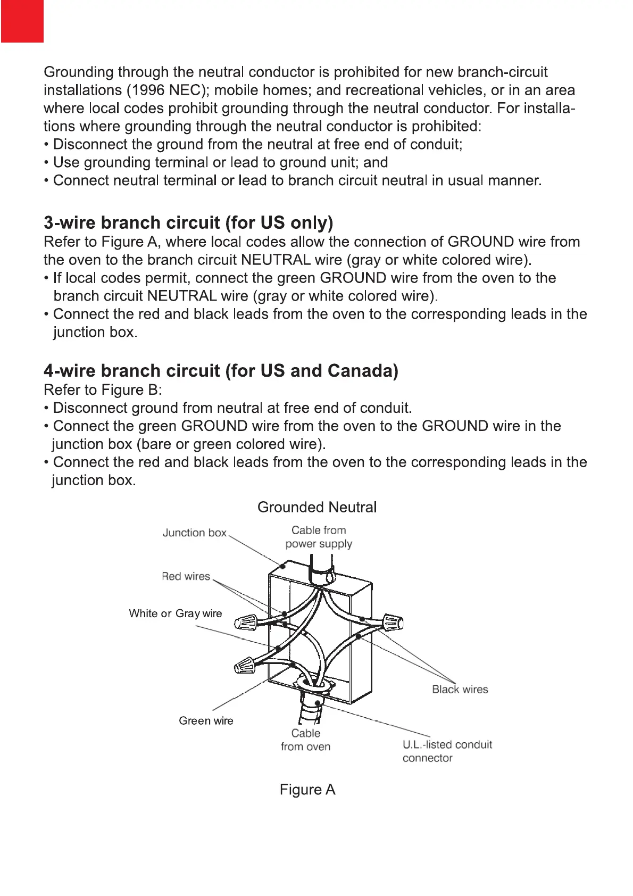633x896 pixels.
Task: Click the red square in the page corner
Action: (22, 21)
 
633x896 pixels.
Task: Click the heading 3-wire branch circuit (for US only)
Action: (188, 222)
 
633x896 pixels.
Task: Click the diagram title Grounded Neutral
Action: (317, 507)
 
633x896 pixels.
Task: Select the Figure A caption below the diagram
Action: (307, 790)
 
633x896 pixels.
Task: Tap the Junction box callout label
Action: (194, 533)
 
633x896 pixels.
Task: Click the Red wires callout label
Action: (186, 576)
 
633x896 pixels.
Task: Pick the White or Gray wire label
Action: (175, 613)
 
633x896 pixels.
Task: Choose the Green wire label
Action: (206, 721)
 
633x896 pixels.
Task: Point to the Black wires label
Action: (460, 690)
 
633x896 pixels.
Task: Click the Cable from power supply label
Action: (319, 537)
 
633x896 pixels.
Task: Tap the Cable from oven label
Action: (305, 740)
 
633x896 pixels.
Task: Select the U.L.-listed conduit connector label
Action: (447, 751)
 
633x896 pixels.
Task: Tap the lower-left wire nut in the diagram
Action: (245, 665)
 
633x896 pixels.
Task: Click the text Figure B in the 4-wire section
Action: (129, 390)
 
